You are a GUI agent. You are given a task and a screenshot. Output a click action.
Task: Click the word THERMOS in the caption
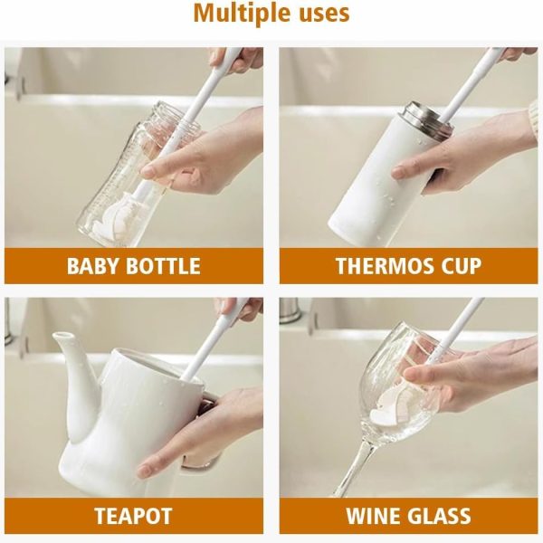pos(379,266)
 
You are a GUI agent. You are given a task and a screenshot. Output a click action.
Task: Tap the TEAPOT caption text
pos(133,516)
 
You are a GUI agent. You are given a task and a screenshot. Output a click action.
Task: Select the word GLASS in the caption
pos(440,516)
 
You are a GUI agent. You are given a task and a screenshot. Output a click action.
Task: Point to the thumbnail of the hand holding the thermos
pos(399,172)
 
